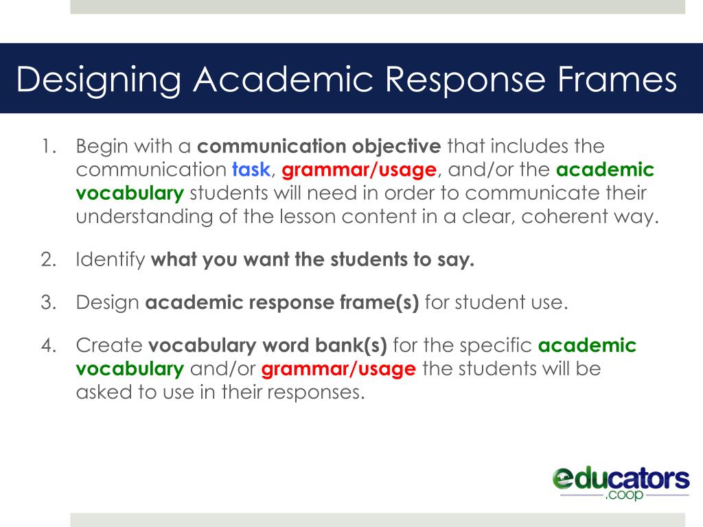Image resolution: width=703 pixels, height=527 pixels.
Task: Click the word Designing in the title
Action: point(99,80)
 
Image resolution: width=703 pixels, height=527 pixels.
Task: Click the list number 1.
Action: point(47,146)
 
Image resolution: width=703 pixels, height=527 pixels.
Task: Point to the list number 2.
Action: point(47,261)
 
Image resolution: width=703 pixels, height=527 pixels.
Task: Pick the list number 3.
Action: point(47,303)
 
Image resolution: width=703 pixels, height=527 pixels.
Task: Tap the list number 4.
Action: point(47,345)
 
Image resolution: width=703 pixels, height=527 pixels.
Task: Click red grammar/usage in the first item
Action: point(359,169)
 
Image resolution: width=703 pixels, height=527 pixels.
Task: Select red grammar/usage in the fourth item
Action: point(339,368)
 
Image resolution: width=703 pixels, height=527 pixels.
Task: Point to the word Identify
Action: point(111,261)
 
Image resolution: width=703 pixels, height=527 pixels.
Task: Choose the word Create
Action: point(109,345)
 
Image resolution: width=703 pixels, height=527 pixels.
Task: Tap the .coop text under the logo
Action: point(624,494)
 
